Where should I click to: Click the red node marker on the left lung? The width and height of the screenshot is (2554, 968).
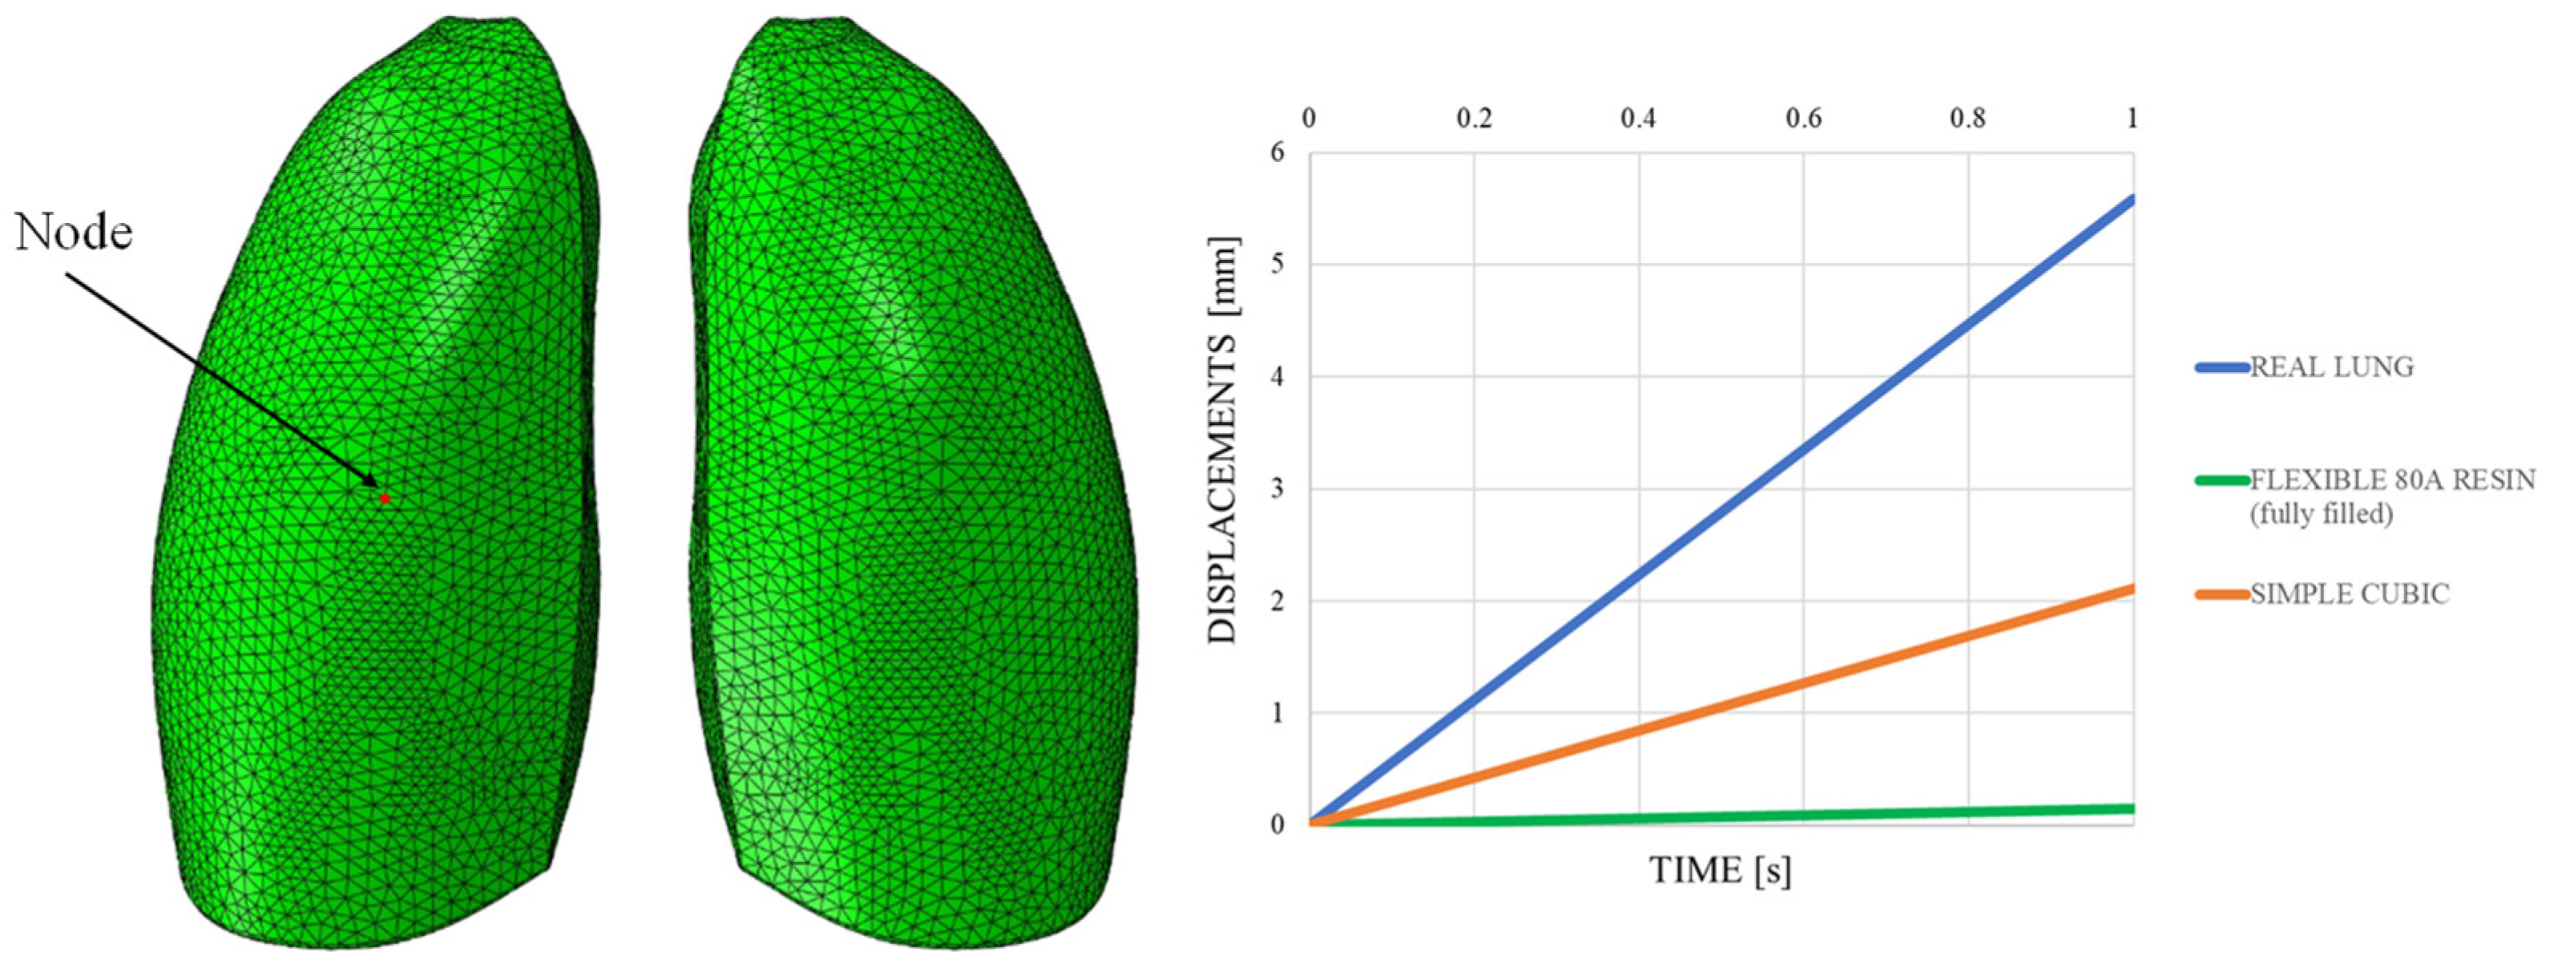point(385,498)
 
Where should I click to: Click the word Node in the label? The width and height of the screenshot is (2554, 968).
point(75,233)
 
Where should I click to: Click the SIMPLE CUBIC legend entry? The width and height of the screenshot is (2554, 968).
point(2349,594)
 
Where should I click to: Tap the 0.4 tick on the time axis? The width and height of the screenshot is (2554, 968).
point(1638,119)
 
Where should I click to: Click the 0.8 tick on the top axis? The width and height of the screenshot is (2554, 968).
point(1967,119)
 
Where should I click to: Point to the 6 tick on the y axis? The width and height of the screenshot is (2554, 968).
point(1277,152)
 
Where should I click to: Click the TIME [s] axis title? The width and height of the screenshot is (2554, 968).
point(1721,871)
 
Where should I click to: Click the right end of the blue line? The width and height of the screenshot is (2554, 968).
point(2131,200)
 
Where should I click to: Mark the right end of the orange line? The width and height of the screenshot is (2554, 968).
point(2131,589)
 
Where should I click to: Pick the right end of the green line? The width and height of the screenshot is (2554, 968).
point(2131,809)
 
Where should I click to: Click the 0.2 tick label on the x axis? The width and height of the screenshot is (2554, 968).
point(1473,119)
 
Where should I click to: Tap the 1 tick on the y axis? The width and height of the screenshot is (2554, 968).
point(1277,713)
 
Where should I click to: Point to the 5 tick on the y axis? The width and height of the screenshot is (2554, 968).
point(1277,265)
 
